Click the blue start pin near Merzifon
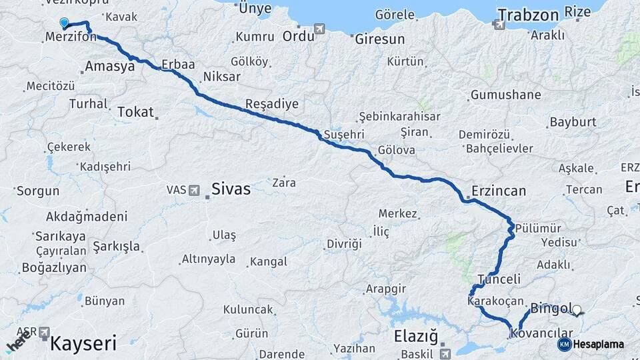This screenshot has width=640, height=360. point(64,23)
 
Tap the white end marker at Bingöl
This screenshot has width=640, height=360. point(577,309)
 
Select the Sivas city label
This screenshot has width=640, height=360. point(231,189)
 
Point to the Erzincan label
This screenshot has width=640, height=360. point(498,191)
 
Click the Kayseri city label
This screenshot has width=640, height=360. point(83,344)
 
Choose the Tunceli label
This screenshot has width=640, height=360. point(499,279)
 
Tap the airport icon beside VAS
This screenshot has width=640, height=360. point(194,190)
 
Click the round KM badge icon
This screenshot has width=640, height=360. point(564,344)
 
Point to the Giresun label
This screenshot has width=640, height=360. point(380,39)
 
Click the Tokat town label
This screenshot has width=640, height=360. point(135,112)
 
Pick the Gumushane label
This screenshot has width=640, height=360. point(505,95)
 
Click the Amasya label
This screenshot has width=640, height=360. point(110,67)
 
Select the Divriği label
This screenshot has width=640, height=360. point(344,244)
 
